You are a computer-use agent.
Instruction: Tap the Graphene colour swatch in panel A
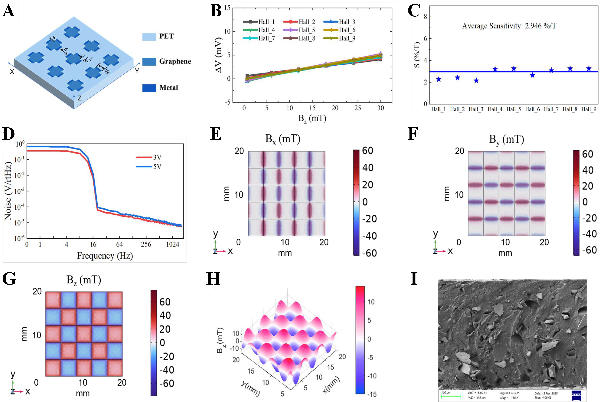pos(149,61)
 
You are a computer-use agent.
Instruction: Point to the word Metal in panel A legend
pos(168,88)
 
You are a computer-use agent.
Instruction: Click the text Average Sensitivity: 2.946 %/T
pos(509,26)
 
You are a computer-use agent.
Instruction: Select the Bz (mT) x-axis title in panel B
pos(312,119)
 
